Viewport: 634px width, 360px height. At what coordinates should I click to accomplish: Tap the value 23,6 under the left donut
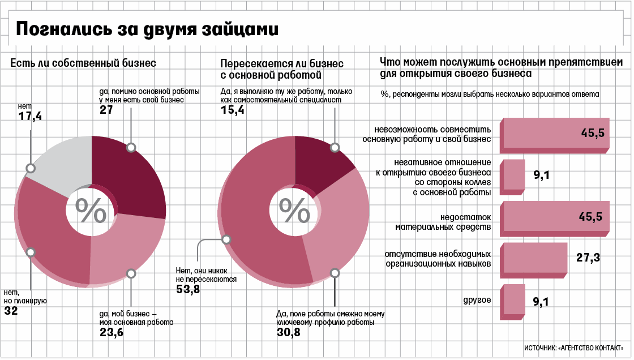pyautogui.click(x=111, y=333)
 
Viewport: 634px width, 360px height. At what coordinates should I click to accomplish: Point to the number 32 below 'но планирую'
pyautogui.click(x=11, y=311)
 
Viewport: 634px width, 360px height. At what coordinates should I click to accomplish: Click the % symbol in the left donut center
pyautogui.click(x=91, y=211)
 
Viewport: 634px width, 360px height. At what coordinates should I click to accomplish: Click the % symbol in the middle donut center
pyautogui.click(x=295, y=211)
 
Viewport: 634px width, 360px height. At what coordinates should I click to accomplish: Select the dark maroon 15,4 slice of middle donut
pyautogui.click(x=320, y=164)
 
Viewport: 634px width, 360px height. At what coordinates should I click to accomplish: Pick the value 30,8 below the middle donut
pyautogui.click(x=288, y=333)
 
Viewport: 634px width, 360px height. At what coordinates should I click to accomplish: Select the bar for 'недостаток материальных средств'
pyautogui.click(x=554, y=218)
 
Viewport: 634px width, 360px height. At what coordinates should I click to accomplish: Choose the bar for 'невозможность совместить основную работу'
pyautogui.click(x=554, y=135)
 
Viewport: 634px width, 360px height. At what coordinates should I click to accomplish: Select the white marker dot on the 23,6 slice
pyautogui.click(x=131, y=273)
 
